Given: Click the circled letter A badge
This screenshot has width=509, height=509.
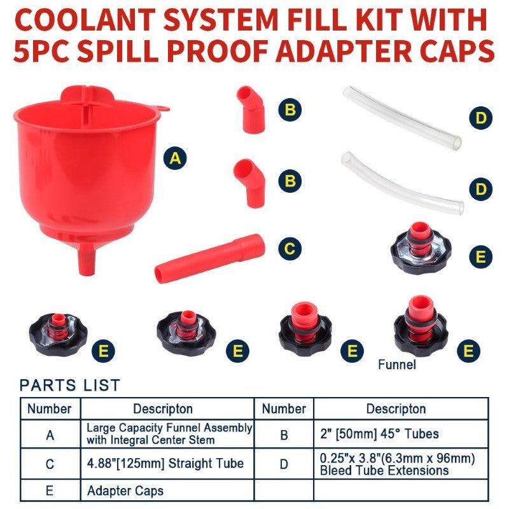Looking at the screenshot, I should [176, 158].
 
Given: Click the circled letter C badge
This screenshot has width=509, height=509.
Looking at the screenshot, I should [290, 248].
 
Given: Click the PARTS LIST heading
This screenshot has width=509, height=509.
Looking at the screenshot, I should [69, 385].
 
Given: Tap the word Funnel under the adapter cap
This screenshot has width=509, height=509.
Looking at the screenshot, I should [396, 365].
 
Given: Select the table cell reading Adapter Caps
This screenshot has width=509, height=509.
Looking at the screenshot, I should [125, 491].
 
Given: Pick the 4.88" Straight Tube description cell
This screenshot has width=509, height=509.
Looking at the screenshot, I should [167, 463].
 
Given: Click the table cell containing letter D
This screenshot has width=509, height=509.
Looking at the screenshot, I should [284, 464].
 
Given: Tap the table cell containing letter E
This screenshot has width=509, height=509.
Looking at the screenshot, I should [50, 491].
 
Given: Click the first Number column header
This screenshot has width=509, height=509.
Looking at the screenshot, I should [50, 408].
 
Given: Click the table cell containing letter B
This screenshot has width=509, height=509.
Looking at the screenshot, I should [284, 435].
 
